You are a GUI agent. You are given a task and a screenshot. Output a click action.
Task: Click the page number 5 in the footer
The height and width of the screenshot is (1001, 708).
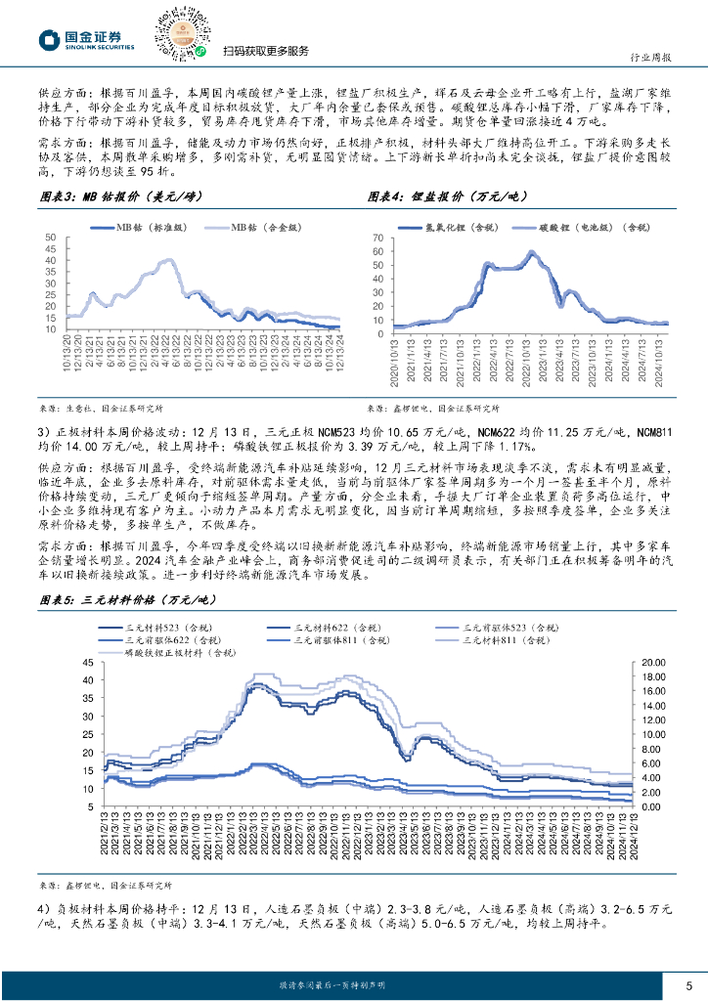688,984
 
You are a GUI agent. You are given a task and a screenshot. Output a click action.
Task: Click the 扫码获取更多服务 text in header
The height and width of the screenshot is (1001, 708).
252,52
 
